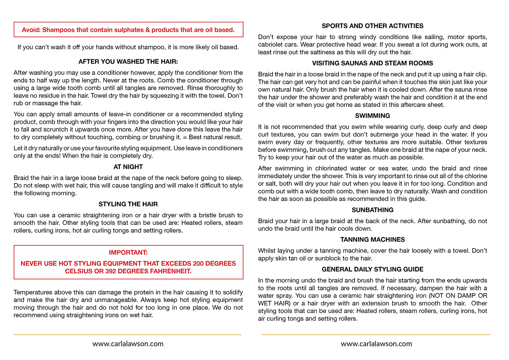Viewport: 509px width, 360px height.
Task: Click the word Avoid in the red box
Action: pos(31,30)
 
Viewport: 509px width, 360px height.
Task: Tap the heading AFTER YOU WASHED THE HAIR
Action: pos(128,61)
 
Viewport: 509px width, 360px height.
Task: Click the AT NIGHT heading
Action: pos(128,167)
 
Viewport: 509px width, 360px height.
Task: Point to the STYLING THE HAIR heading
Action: pos(128,204)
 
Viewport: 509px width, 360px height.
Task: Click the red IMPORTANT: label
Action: pos(128,252)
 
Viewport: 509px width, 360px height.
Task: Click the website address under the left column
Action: pos(128,344)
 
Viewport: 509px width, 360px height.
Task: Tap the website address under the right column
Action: pos(376,344)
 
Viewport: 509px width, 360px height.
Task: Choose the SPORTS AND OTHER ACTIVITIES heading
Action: pos(372,26)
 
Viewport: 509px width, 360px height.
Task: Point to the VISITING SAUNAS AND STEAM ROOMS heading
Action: pos(372,63)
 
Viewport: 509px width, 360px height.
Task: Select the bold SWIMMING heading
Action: pos(372,116)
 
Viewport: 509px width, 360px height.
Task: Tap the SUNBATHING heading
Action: pos(372,210)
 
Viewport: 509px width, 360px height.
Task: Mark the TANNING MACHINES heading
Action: pos(372,239)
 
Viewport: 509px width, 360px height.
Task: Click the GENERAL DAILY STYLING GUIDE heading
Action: pos(372,269)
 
